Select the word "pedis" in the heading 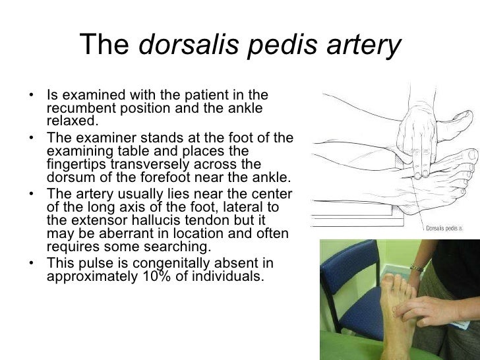coord(272,45)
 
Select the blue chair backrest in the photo coord(344,277)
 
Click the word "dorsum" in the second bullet coord(69,177)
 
